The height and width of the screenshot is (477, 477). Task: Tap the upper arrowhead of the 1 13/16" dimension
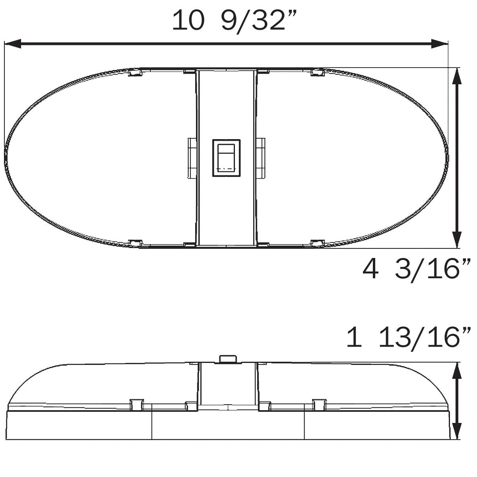click(x=457, y=372)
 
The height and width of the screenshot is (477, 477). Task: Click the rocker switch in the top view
click(x=226, y=157)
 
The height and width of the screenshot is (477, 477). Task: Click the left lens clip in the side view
click(x=136, y=404)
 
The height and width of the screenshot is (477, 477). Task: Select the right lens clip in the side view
click(x=318, y=404)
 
